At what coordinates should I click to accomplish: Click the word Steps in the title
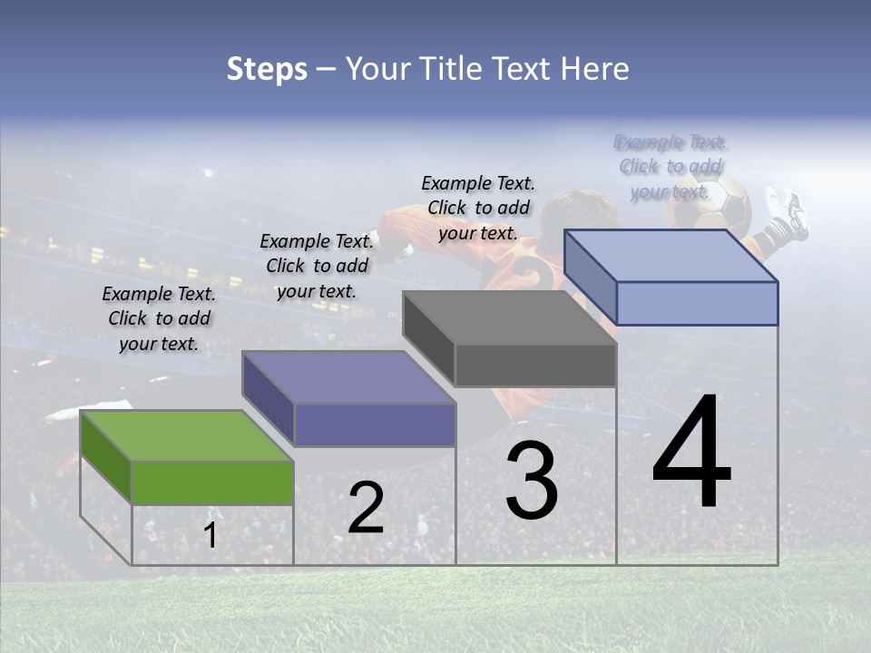click(267, 69)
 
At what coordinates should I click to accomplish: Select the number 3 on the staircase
click(532, 481)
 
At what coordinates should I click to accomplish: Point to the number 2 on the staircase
click(366, 508)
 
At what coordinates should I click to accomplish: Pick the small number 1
click(210, 536)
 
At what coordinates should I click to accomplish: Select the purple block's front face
click(375, 424)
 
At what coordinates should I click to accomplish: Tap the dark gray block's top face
click(509, 317)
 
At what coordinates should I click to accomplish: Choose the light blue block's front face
click(697, 303)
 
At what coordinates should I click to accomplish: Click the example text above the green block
click(159, 318)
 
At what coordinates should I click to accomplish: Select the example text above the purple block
click(317, 266)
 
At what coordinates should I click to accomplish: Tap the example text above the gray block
click(478, 208)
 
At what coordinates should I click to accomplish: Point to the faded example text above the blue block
click(670, 167)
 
